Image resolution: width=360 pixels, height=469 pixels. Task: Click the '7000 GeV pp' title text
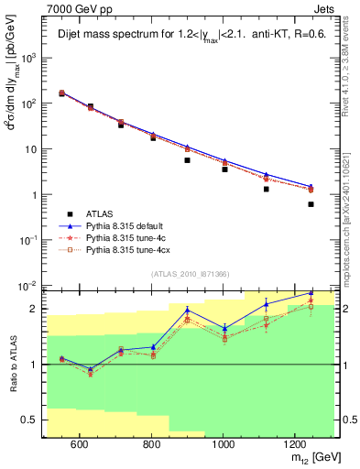pos(75,8)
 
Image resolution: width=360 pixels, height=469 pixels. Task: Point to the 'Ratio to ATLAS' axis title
pos(12,365)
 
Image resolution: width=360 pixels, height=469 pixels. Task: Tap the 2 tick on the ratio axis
pos(34,309)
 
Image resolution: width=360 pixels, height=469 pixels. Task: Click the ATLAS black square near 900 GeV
pos(187,160)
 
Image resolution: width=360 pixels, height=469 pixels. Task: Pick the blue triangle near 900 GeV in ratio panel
pos(187,310)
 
